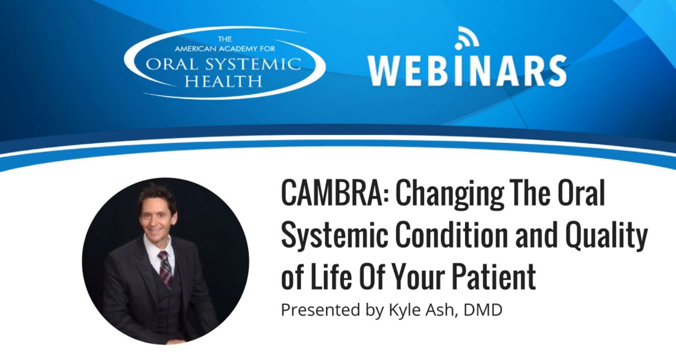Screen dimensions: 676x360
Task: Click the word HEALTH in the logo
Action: coord(223,81)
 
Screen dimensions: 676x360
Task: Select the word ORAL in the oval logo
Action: coord(165,64)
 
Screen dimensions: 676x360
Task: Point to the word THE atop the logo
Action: coord(225,39)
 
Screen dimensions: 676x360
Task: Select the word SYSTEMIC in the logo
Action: coord(246,64)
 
